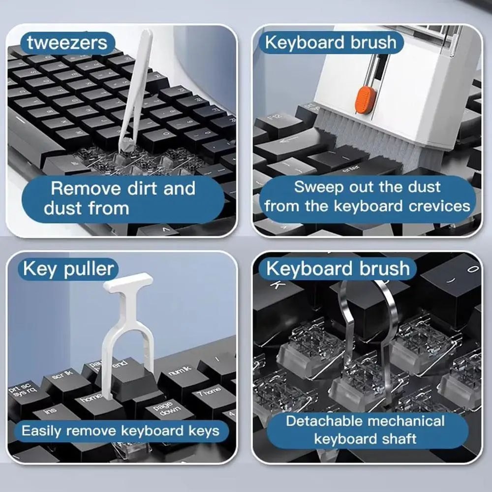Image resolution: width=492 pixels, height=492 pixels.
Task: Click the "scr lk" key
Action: [61, 379]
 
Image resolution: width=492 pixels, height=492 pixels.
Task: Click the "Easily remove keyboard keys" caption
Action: [120, 431]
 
